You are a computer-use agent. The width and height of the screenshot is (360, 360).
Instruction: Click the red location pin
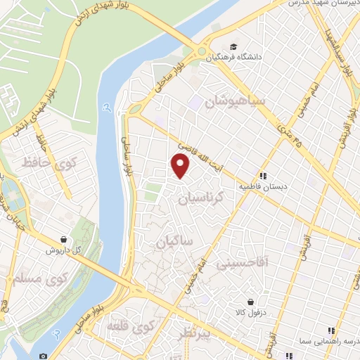(x=181, y=165)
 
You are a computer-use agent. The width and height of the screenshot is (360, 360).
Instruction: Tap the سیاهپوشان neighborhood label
(x=235, y=103)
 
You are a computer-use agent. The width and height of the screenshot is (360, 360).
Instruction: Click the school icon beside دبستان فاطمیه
(x=262, y=176)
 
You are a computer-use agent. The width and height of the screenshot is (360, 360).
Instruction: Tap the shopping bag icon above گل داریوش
(x=65, y=239)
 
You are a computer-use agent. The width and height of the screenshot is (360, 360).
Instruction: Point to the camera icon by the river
(x=44, y=356)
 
